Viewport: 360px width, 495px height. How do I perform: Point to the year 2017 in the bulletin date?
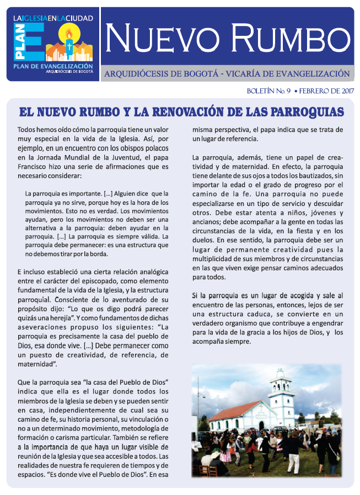click(343, 91)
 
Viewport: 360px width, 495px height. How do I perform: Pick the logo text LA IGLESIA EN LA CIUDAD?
click(53, 18)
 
